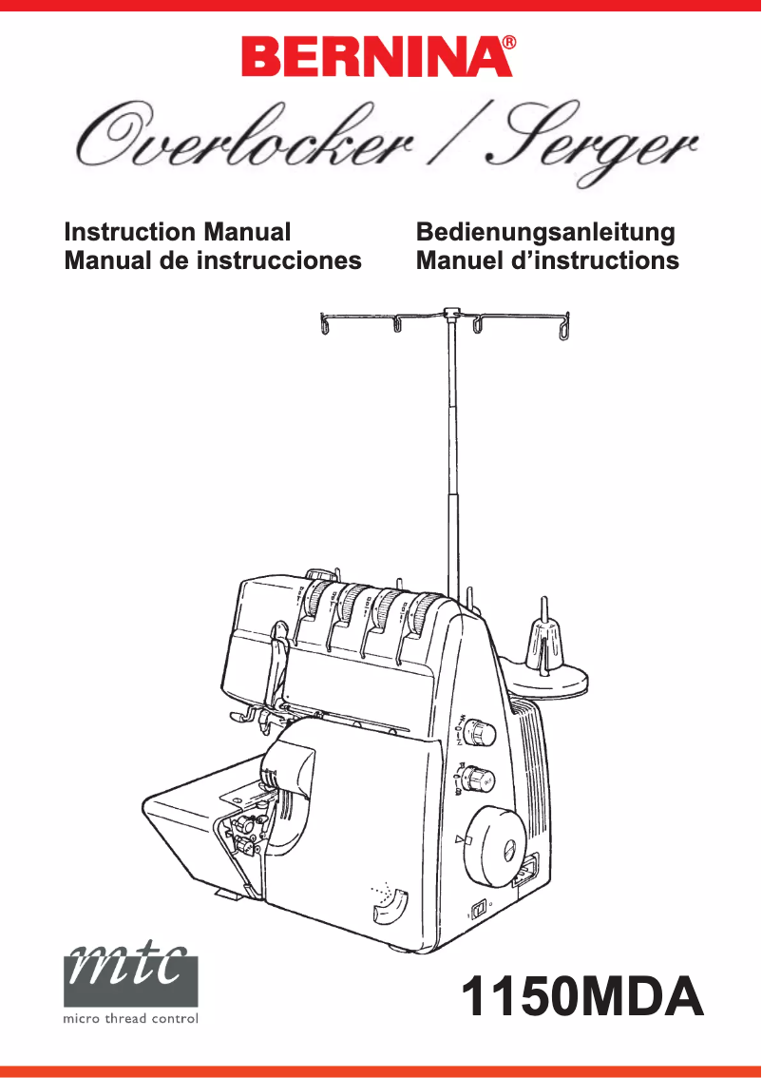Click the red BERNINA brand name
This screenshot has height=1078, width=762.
[371, 58]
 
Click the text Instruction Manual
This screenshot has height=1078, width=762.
[177, 232]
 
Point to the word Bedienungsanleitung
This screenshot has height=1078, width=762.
[545, 232]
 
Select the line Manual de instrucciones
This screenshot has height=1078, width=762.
[212, 260]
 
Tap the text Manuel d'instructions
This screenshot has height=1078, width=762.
[547, 260]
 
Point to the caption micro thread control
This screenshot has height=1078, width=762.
[131, 1019]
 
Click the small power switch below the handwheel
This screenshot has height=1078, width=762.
[481, 907]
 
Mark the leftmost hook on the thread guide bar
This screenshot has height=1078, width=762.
[326, 326]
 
